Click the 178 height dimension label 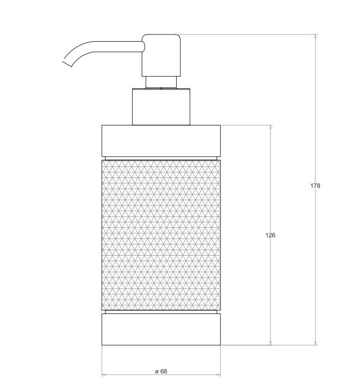[315, 186]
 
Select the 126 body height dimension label [270, 235]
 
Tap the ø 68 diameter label [161, 371]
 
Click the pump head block [161, 56]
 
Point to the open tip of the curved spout [67, 63]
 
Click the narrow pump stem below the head [161, 82]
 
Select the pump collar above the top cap [161, 107]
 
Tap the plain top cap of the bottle [161, 141]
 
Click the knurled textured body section [161, 235]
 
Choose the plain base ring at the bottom [161, 330]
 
